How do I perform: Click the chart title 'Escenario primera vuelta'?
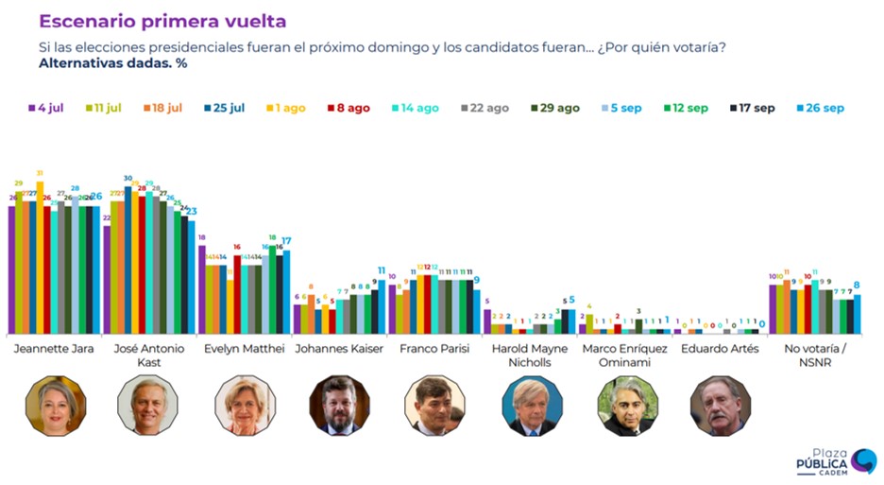click(x=162, y=21)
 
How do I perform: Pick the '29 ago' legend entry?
click(x=555, y=108)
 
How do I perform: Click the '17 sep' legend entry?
click(x=752, y=108)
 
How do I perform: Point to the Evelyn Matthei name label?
click(x=245, y=349)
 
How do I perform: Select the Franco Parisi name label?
click(x=434, y=349)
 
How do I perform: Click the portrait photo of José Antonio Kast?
click(x=148, y=405)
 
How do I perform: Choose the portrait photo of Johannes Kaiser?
click(x=339, y=405)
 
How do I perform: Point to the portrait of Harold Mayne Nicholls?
click(x=532, y=405)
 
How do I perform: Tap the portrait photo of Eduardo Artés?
click(x=721, y=405)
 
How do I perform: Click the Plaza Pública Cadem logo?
click(x=836, y=461)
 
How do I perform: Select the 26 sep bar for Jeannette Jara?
click(x=96, y=269)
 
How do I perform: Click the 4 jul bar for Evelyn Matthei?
click(x=202, y=289)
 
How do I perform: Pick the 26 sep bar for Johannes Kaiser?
click(x=382, y=306)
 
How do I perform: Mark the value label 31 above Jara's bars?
click(x=40, y=173)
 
